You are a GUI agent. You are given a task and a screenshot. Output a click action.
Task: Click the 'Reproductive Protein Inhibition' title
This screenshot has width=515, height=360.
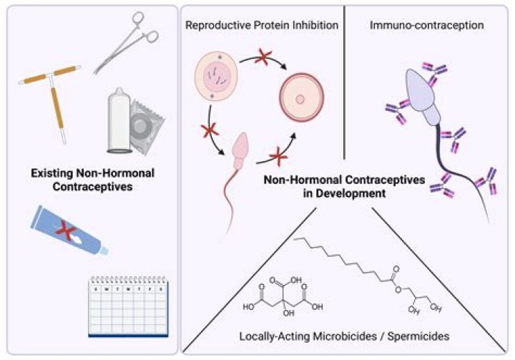(261, 26)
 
